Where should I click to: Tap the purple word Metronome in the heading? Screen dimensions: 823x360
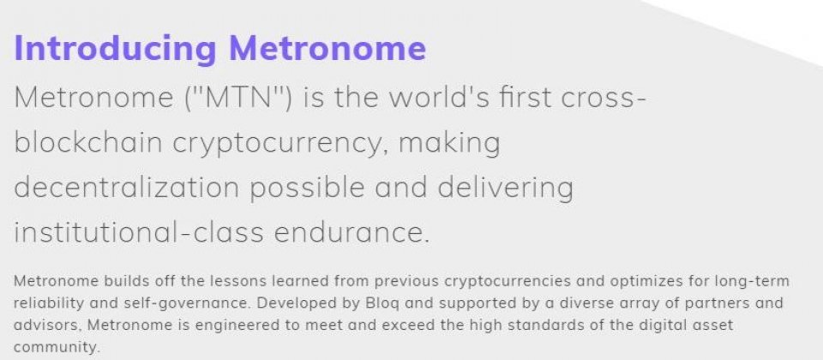pyautogui.click(x=327, y=48)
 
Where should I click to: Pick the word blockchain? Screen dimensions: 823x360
pyautogui.click(x=88, y=142)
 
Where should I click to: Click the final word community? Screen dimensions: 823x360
pyautogui.click(x=57, y=348)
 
